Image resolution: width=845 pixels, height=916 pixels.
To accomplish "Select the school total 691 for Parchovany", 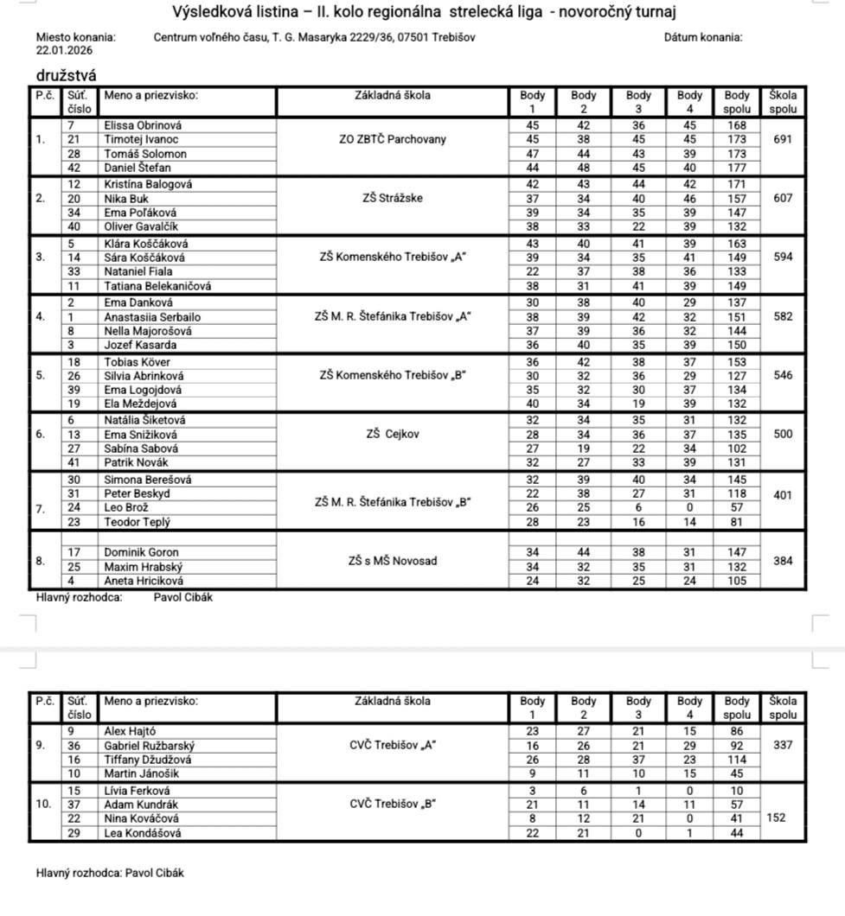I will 783,139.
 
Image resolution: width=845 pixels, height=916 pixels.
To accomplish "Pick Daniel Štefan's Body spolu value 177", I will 737,168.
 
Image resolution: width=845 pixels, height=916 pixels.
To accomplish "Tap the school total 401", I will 783,496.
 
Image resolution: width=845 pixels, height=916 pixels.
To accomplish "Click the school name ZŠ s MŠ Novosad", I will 392,561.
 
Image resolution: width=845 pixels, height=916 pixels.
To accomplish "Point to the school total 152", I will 775,817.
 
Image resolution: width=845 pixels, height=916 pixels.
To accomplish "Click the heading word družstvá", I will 66,76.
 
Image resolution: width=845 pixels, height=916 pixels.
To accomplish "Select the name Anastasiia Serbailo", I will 152,316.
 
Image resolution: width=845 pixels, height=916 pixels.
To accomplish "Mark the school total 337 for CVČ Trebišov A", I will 783,745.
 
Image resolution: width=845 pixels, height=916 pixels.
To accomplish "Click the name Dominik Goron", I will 141,553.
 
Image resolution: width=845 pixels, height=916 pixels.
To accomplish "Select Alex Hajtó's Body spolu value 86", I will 737,731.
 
